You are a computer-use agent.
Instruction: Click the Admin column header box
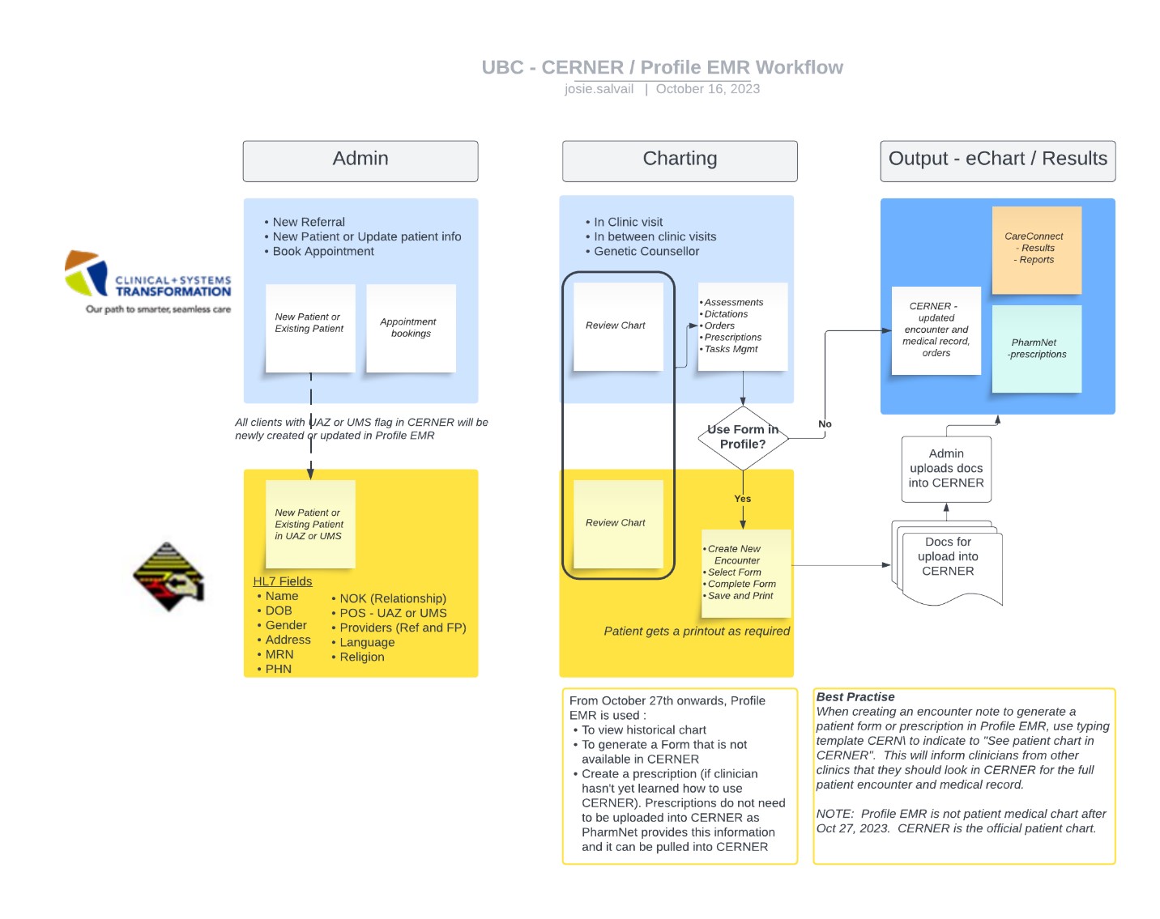360,160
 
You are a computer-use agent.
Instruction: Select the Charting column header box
679,160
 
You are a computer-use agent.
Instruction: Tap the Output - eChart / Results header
997,160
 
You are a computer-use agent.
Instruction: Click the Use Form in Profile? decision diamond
742,437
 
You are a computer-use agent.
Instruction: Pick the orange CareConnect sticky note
1036,249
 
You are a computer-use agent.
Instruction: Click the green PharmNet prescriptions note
1036,349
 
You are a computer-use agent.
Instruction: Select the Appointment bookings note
411,328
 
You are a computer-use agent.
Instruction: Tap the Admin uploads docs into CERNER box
945,469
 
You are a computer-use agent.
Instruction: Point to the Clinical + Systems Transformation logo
149,282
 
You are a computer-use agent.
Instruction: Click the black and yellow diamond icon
168,577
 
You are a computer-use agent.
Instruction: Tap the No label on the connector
824,423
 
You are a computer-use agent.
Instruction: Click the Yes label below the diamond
742,499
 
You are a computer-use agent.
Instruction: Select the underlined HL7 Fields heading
282,581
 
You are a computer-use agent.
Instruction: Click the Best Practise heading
855,697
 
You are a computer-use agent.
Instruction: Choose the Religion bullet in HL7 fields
361,657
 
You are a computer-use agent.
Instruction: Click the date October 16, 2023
707,89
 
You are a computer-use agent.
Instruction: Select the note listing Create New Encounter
744,572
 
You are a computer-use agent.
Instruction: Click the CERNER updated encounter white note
936,330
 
